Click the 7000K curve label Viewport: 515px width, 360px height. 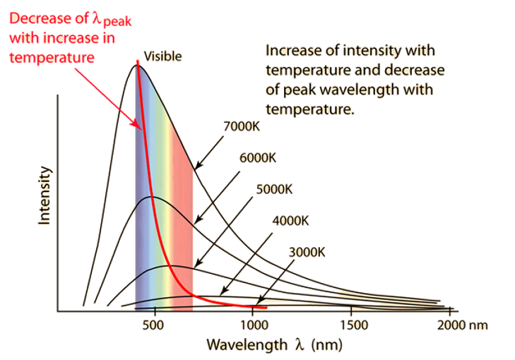click(241, 127)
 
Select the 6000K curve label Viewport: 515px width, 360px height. click(258, 157)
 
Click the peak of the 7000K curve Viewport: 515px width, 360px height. click(136, 64)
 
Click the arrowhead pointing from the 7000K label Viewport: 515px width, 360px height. click(194, 167)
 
